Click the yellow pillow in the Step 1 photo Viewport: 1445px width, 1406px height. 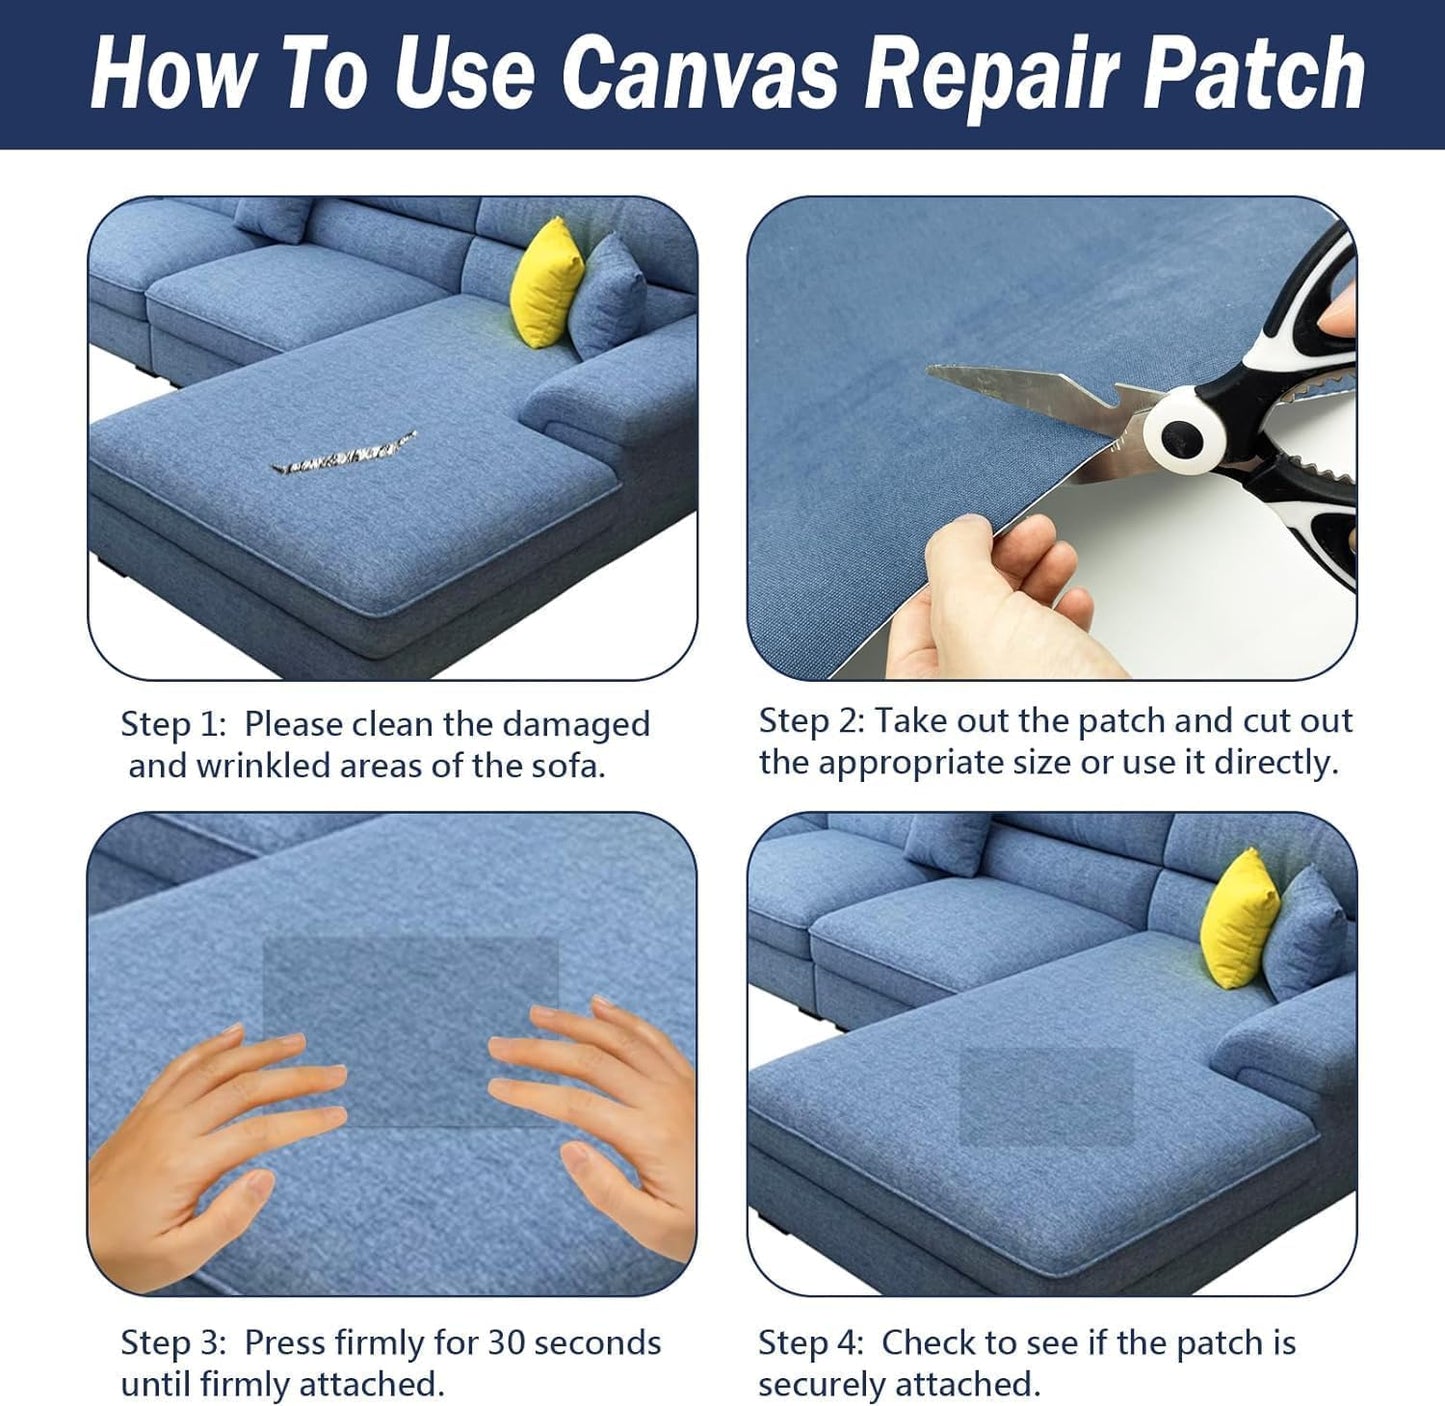pos(546,284)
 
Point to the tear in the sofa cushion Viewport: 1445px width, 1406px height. pos(345,456)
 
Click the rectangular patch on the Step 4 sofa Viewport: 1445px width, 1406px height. pos(1046,1096)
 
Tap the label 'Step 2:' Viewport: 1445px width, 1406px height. pos(811,721)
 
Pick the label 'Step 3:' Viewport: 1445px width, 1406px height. pos(173,1343)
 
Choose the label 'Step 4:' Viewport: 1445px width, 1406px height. pos(811,1343)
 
